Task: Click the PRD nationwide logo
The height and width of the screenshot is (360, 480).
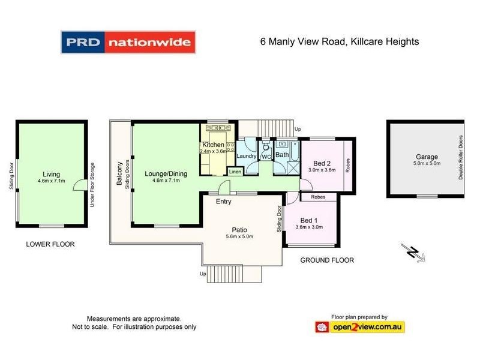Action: point(128,42)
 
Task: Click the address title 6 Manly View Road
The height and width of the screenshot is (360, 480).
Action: point(339,42)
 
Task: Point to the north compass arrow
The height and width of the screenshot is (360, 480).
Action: point(414,253)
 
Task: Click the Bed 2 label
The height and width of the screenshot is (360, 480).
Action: point(322,163)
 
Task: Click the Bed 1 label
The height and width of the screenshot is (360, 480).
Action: point(309,219)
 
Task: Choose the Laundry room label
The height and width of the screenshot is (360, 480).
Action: point(247,157)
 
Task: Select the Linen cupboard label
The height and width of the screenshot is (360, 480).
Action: point(235,172)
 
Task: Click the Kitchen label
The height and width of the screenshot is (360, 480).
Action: point(213,145)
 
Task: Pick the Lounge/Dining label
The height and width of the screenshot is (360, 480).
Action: point(166,174)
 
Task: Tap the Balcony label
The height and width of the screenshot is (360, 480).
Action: point(120,173)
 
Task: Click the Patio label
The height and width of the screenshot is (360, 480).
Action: point(240,230)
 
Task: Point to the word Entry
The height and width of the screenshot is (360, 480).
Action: point(224,202)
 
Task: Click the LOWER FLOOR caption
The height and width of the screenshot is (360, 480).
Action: point(50,245)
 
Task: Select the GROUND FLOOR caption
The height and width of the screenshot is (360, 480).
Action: point(327,260)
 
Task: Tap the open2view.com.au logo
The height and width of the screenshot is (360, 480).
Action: point(360,327)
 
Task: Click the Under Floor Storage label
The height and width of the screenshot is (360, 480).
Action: point(92,185)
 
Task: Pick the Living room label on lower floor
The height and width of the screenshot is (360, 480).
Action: point(51,174)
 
